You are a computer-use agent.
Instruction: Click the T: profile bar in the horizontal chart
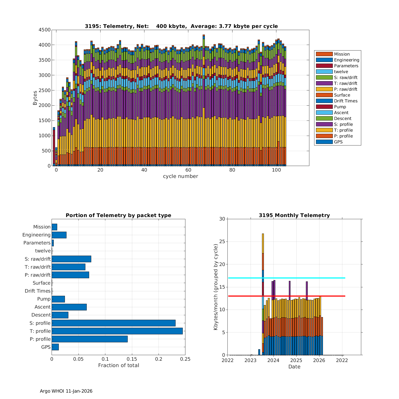click(117, 331)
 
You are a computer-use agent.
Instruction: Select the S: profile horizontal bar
click(114, 323)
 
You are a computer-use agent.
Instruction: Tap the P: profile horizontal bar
click(90, 339)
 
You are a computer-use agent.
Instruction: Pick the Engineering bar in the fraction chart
click(59, 235)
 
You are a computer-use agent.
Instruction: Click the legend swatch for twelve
click(324, 72)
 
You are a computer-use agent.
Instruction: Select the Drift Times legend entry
click(346, 101)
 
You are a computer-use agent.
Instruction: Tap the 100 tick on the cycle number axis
click(276, 170)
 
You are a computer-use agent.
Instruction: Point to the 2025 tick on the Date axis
click(296, 360)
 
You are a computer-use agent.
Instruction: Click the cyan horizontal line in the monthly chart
click(306, 278)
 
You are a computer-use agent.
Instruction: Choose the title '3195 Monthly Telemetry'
click(294, 215)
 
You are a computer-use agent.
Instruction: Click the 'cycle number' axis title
click(180, 176)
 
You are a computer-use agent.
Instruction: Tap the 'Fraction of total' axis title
click(118, 365)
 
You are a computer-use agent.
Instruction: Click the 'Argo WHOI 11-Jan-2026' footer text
click(66, 391)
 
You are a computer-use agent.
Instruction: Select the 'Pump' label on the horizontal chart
click(44, 299)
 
